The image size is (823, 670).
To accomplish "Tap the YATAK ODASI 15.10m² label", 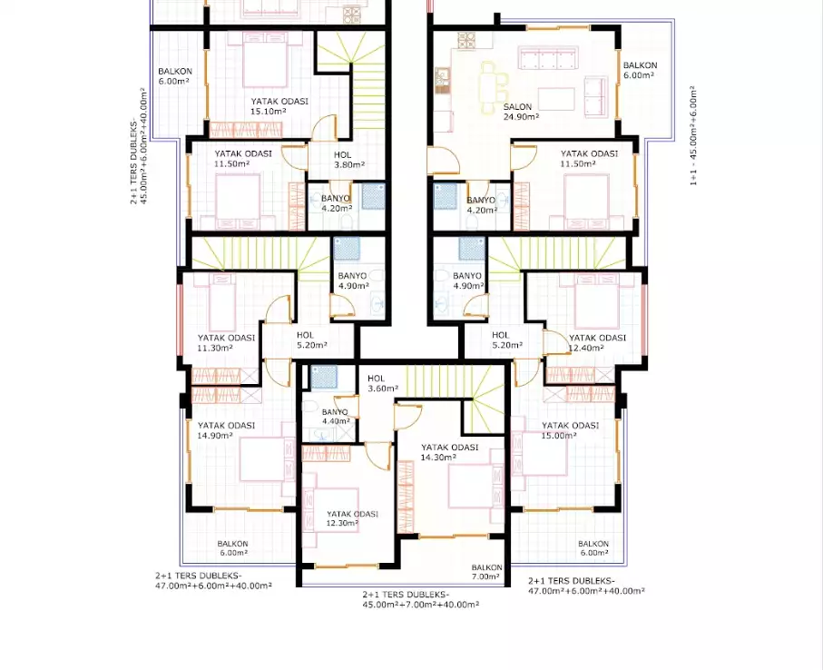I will tap(279, 106).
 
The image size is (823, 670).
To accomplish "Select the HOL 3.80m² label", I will tap(348, 160).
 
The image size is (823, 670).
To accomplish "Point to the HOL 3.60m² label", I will tap(382, 383).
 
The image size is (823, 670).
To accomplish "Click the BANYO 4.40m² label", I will tap(335, 416).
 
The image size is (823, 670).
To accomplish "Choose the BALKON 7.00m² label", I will tap(486, 571).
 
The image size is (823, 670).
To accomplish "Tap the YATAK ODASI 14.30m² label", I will tap(449, 452).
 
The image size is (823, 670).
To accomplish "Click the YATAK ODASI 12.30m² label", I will tap(352, 518).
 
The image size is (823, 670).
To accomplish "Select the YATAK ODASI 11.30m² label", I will tap(226, 342).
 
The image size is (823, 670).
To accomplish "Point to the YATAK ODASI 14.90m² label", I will tap(226, 430).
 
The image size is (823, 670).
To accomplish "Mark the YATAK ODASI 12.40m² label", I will tap(597, 342).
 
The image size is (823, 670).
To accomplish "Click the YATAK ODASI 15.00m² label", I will tap(570, 430).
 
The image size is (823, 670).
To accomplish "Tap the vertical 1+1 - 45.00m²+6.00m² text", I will tap(694, 136).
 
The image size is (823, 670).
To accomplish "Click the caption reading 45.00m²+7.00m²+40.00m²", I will tap(420, 604).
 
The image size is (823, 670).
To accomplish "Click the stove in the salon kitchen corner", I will tap(466, 40).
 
